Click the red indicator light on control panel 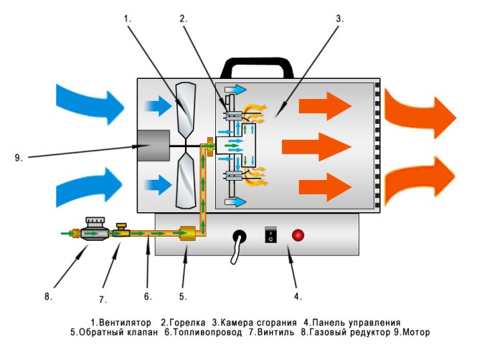click(x=296, y=235)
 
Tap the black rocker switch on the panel click(x=270, y=234)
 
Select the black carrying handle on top click(x=255, y=68)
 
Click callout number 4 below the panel click(x=299, y=295)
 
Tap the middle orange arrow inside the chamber click(x=314, y=148)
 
